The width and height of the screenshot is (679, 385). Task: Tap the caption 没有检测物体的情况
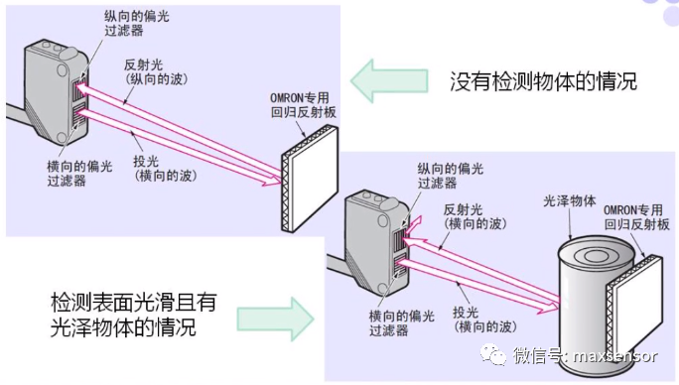(x=540, y=80)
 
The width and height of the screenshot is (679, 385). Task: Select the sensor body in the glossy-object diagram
(x=371, y=243)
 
